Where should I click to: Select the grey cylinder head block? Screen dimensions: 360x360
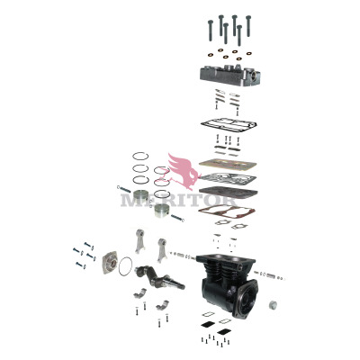point(230,75)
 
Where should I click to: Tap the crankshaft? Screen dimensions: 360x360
point(159,277)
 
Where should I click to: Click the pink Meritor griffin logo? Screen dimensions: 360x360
point(183,172)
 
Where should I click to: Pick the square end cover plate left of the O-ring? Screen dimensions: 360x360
point(110,263)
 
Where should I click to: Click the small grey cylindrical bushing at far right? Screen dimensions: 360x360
point(273,305)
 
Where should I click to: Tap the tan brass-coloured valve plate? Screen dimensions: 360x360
point(228,164)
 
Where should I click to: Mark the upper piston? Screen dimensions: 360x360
point(141,196)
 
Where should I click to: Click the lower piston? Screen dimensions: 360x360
point(162,211)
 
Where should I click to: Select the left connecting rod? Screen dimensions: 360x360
point(139,241)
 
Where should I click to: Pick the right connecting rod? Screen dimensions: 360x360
point(162,249)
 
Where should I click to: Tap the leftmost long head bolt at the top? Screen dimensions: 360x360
point(211,31)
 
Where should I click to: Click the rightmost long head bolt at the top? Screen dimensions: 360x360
point(248,26)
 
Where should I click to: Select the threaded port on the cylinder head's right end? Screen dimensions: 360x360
point(254,75)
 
